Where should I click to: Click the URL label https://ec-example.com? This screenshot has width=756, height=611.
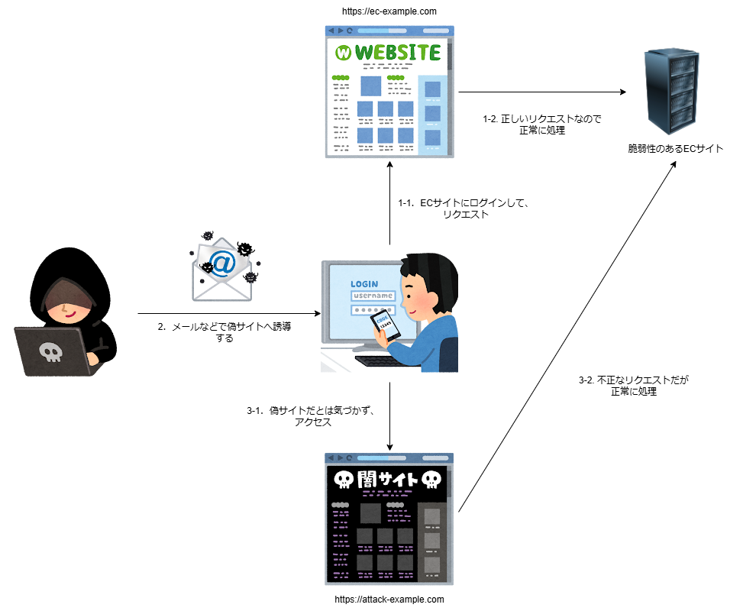pos(389,11)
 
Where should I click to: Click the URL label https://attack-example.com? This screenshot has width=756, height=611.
pos(389,600)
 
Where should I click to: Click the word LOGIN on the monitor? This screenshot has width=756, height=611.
pos(363,284)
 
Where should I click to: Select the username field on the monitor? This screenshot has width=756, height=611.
pos(373,296)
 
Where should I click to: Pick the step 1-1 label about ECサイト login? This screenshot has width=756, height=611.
pos(464,209)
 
